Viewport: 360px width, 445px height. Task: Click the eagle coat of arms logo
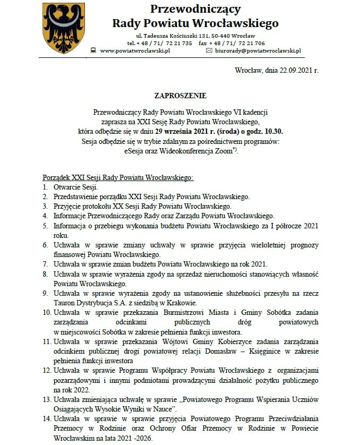pyautogui.click(x=63, y=28)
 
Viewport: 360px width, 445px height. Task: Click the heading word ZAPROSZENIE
pyautogui.click(x=179, y=96)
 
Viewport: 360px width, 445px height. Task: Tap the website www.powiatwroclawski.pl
pyautogui.click(x=134, y=50)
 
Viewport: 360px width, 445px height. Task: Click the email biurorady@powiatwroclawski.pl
pyautogui.click(x=258, y=50)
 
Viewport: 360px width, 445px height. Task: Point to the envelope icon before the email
pyautogui.click(x=209, y=50)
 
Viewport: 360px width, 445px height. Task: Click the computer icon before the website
pyautogui.click(x=93, y=50)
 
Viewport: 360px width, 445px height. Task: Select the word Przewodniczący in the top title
pyautogui.click(x=195, y=9)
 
